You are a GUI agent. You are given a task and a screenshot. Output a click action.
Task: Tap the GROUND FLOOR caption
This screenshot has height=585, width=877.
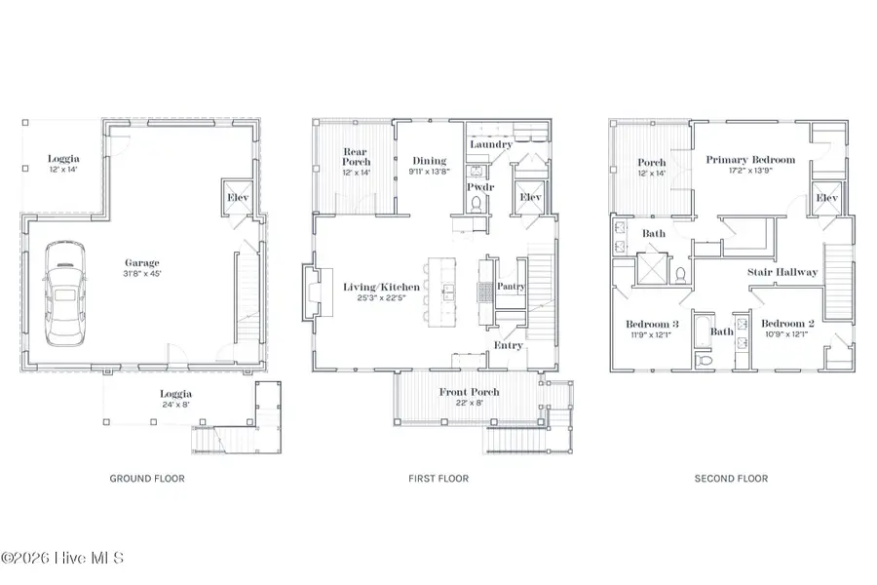147,479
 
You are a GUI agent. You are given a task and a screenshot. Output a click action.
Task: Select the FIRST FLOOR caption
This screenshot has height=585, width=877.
438,479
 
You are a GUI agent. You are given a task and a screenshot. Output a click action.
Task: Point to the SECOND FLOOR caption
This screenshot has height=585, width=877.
731,479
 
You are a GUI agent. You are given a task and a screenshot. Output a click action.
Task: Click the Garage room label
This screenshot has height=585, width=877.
142,262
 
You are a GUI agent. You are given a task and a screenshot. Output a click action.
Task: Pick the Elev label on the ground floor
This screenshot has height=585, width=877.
239,197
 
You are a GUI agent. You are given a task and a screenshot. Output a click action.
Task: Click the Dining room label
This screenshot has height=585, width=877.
429,161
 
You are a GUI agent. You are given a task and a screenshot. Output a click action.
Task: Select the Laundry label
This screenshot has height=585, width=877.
490,144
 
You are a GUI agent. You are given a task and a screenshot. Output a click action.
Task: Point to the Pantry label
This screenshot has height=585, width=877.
511,287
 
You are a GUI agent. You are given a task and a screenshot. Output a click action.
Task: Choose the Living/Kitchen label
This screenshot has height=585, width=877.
382,287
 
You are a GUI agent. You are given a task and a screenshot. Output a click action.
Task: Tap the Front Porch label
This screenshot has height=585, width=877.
469,392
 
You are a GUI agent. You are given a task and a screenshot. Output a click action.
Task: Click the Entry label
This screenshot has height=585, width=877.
509,345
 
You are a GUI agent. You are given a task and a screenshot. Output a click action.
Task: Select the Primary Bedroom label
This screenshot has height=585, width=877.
750,160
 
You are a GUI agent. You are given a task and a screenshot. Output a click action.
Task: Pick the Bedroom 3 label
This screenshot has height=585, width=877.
651,324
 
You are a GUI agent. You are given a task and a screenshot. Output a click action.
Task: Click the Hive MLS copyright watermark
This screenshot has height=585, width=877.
63,558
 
